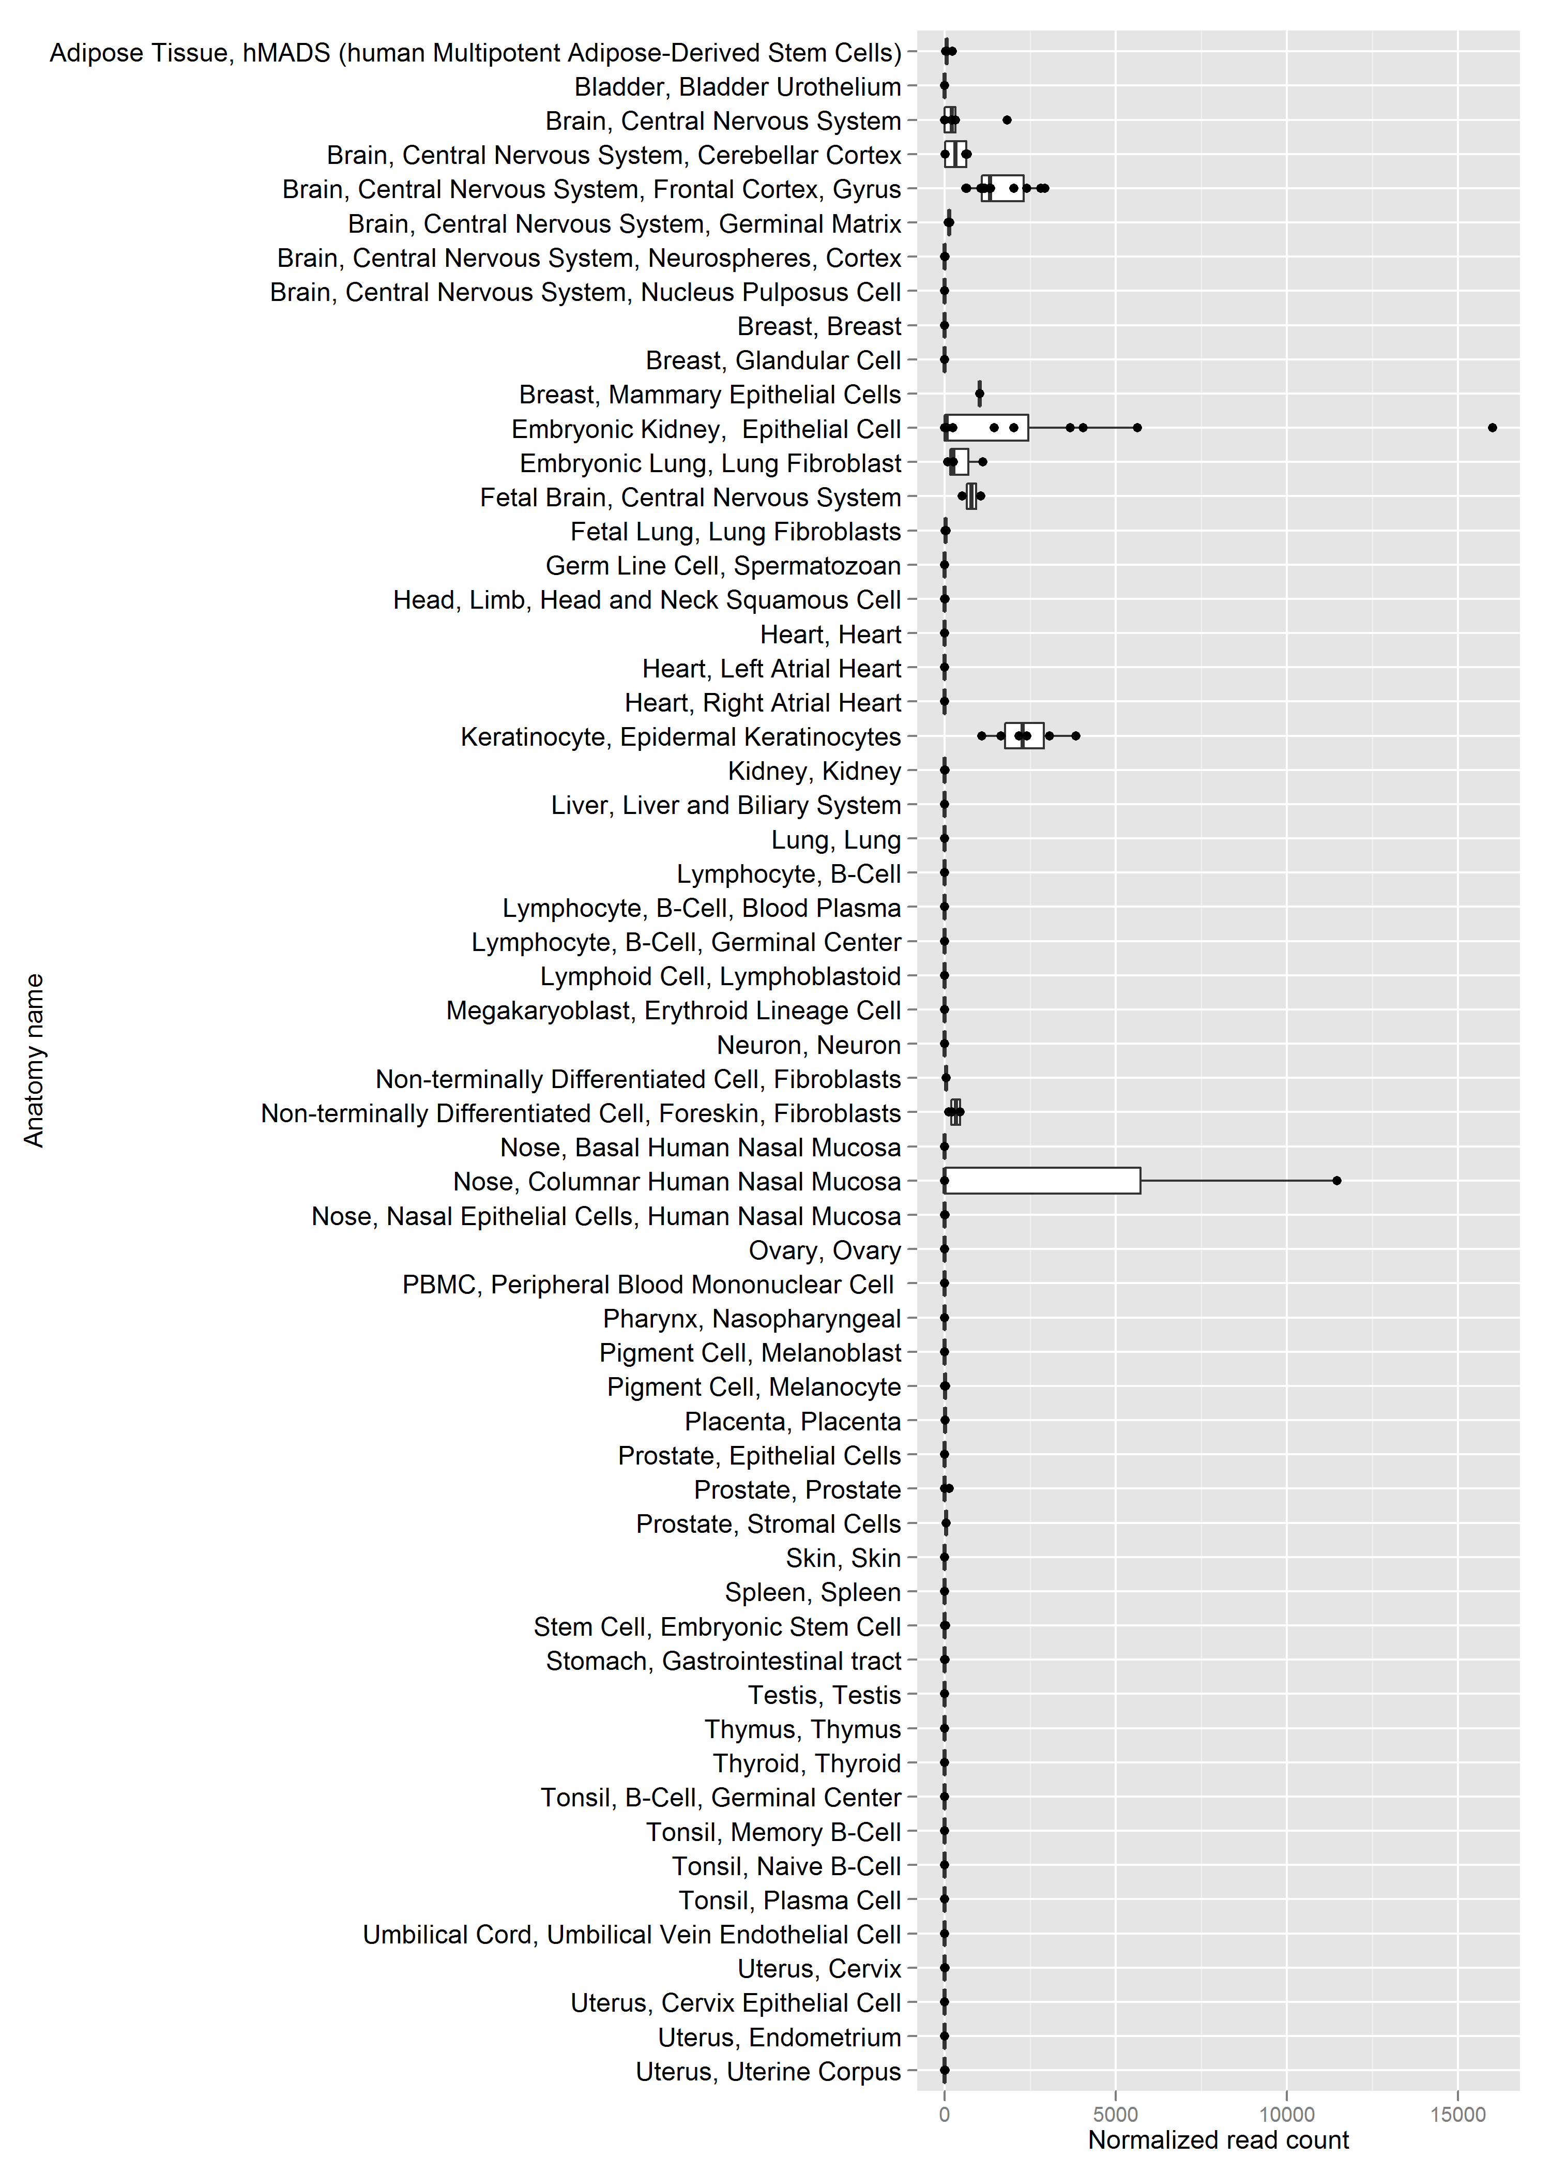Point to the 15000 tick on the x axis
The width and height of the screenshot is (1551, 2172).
pyautogui.click(x=1457, y=2114)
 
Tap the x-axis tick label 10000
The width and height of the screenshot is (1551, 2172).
pyautogui.click(x=1286, y=2114)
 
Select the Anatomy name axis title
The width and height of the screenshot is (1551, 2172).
pyautogui.click(x=35, y=1060)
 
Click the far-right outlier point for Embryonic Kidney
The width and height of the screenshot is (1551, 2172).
pyautogui.click(x=1492, y=428)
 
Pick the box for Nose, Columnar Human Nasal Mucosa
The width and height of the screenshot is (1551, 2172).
pyautogui.click(x=1042, y=1181)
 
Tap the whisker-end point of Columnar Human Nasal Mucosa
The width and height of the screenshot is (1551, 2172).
pyautogui.click(x=1336, y=1181)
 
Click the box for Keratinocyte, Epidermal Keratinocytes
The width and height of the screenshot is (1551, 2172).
pyautogui.click(x=1024, y=735)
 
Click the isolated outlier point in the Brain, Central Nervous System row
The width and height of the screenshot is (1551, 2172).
pyautogui.click(x=1007, y=120)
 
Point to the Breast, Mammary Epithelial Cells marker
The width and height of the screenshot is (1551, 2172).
pyautogui.click(x=979, y=394)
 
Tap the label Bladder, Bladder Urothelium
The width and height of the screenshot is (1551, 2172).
pyautogui.click(x=737, y=87)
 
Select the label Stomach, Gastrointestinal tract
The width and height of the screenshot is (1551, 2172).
pyautogui.click(x=723, y=1661)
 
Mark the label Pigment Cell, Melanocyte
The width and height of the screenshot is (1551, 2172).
pyautogui.click(x=754, y=1387)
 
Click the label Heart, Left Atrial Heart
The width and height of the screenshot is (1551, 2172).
pyautogui.click(x=772, y=669)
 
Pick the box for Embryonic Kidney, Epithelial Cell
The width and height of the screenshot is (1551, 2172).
pyautogui.click(x=986, y=428)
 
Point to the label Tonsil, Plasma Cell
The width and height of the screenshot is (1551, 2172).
pyautogui.click(x=790, y=1900)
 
